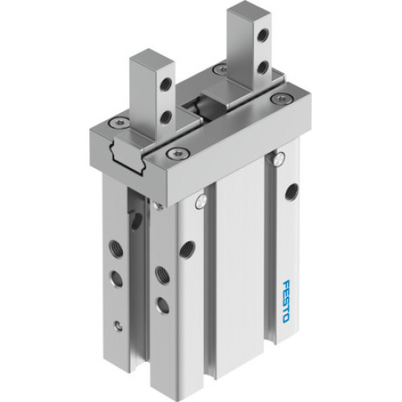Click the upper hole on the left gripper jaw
166,82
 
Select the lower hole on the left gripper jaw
166,117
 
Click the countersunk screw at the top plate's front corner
171,154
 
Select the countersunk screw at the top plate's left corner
117,122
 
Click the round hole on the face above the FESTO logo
290,191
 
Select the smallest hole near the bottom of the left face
119,326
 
